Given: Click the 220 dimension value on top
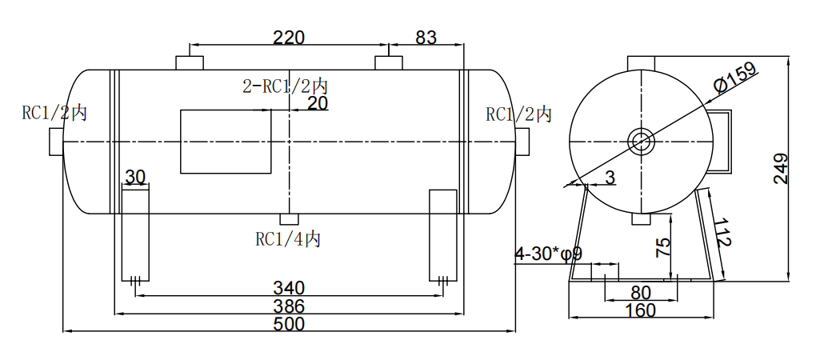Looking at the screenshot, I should (289, 37).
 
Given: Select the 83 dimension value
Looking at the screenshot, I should (426, 37).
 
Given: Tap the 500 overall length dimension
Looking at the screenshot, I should (289, 323).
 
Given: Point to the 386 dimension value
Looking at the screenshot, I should (289, 306).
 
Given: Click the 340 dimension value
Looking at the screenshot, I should (289, 287).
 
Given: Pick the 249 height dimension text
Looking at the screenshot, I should (782, 169).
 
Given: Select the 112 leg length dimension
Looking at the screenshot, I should (722, 233).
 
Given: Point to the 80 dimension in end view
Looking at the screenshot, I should (641, 292).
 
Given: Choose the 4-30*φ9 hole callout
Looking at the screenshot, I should (548, 254).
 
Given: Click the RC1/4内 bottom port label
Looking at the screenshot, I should (288, 238).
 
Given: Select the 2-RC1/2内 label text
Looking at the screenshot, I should (285, 86).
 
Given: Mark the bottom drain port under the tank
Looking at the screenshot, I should (289, 219).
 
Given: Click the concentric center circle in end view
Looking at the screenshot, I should (641, 142).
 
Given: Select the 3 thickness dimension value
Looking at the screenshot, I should (610, 178).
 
